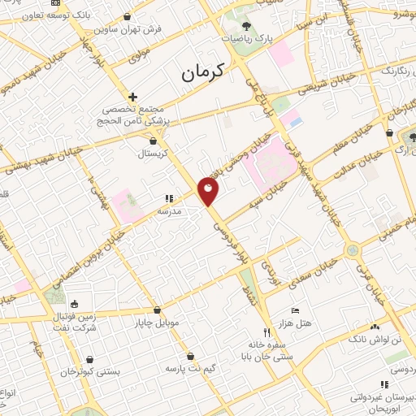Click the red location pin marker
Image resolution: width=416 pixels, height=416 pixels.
pyautogui.click(x=209, y=192)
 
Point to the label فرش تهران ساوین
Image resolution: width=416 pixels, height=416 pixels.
pyautogui.click(x=130, y=29)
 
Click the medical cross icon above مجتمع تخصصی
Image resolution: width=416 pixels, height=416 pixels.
pyautogui.click(x=133, y=96)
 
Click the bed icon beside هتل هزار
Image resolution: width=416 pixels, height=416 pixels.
pyautogui.click(x=295, y=310)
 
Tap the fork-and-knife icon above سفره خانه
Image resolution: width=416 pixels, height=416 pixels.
pyautogui.click(x=266, y=333)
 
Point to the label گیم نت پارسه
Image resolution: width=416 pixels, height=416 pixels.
pyautogui.click(x=188, y=368)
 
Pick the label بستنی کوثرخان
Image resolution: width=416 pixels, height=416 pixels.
pyautogui.click(x=91, y=370)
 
